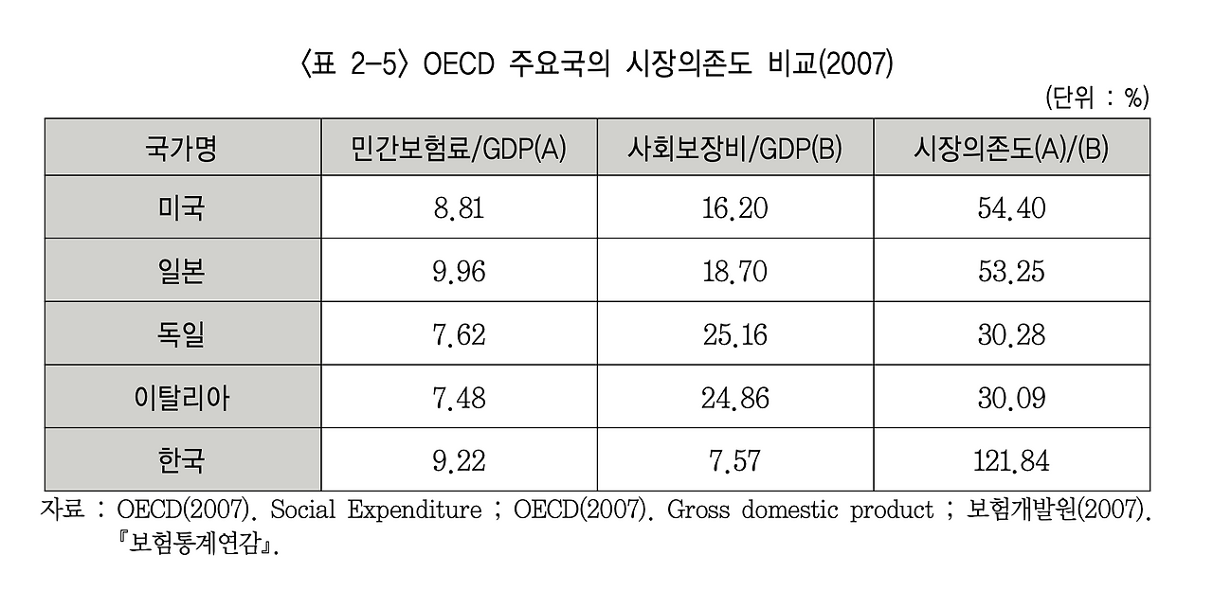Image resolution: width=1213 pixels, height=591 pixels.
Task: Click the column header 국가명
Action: (x=181, y=149)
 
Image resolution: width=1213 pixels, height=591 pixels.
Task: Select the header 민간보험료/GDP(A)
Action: (x=459, y=149)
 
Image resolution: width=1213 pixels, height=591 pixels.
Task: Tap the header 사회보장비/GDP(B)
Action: (x=734, y=149)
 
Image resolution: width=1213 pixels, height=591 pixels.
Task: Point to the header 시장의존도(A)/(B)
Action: (x=1011, y=149)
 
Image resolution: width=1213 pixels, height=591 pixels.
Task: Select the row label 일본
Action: (x=181, y=272)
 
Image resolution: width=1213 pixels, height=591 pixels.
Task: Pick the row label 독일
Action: (x=181, y=334)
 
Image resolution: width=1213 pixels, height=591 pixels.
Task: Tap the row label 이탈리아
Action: (x=181, y=398)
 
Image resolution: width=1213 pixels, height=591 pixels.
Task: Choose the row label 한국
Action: (x=181, y=461)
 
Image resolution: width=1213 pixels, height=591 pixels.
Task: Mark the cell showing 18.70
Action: (x=734, y=272)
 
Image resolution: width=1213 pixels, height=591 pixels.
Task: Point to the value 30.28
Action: (x=1011, y=334)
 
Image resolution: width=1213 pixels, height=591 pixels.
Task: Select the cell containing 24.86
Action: (x=734, y=398)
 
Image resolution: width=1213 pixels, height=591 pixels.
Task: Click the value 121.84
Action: (x=1011, y=461)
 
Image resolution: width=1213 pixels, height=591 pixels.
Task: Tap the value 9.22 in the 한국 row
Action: (x=459, y=461)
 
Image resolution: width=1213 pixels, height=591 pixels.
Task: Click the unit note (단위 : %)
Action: (x=1096, y=98)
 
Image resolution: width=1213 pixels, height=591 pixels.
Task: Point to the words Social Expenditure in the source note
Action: (x=376, y=510)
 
